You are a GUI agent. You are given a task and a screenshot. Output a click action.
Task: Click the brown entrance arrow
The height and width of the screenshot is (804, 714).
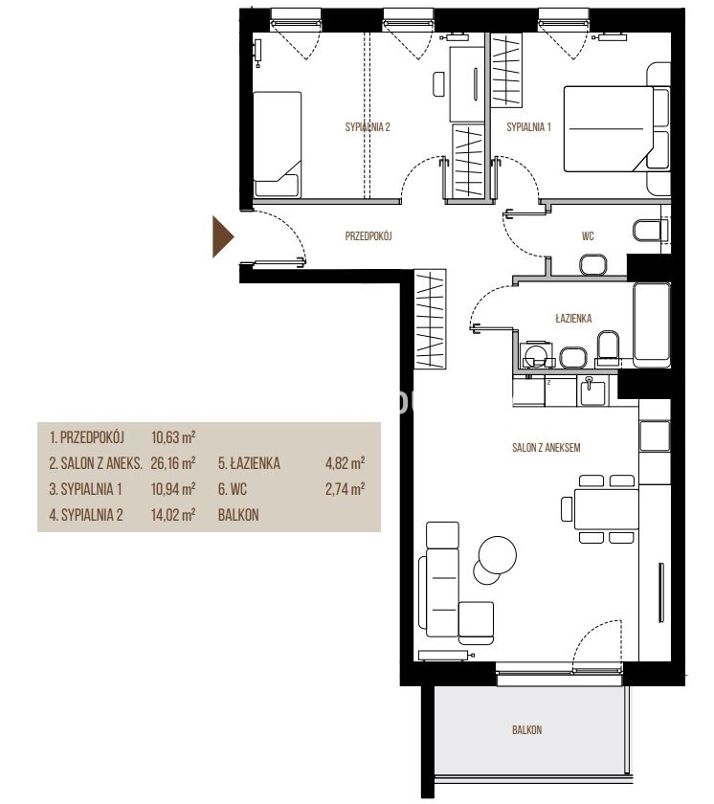click(222, 236)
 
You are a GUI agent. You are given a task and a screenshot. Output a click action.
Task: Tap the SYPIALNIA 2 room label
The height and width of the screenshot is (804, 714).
click(368, 127)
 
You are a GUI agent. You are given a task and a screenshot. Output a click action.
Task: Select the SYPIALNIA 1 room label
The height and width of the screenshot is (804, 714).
click(528, 127)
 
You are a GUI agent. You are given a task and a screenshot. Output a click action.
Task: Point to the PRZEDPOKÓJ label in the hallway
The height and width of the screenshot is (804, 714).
click(368, 236)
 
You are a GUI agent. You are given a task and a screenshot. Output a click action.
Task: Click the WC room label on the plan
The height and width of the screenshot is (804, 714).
click(588, 236)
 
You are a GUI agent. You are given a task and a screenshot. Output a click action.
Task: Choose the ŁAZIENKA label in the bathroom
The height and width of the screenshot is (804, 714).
click(573, 319)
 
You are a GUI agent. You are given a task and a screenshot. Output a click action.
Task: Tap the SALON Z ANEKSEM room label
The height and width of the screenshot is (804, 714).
click(546, 448)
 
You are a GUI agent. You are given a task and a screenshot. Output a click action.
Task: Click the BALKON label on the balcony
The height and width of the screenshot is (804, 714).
click(526, 729)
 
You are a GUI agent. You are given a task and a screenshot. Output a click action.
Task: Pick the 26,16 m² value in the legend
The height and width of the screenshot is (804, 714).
click(172, 463)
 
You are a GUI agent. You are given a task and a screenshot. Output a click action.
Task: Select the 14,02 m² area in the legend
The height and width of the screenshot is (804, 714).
click(172, 515)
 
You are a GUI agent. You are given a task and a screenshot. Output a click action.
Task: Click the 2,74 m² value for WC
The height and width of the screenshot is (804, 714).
click(345, 489)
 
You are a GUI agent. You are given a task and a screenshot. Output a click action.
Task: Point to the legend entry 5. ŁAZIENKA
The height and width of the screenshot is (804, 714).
click(249, 463)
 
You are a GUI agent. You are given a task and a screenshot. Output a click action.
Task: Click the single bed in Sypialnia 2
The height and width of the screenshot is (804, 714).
click(277, 145)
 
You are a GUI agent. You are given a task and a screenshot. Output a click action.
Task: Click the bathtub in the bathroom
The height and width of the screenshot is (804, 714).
click(652, 324)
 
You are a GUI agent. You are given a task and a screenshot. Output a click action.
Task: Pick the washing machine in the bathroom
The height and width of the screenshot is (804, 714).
click(536, 354)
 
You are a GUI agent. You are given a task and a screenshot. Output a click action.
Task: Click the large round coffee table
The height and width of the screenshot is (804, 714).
click(497, 555)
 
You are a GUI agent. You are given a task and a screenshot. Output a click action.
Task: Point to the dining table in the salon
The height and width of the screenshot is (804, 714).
click(606, 509)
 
